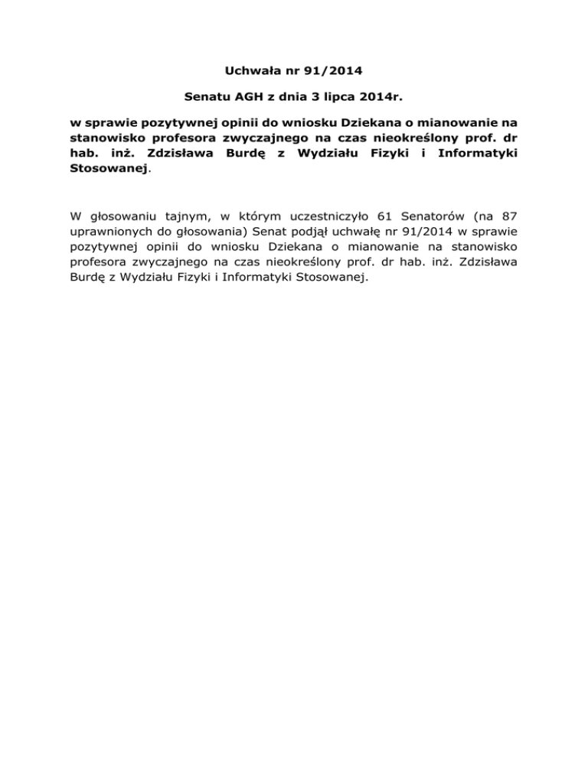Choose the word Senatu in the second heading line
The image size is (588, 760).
coord(208,98)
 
